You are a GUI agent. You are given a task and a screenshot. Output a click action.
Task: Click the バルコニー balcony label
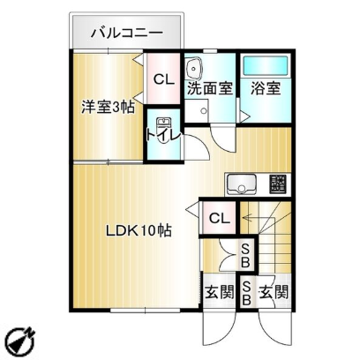126,33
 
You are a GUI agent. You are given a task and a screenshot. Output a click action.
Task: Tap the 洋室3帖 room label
108,107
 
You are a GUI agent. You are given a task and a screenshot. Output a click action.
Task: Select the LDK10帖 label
139,230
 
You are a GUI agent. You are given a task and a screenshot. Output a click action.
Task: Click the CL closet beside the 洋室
163,79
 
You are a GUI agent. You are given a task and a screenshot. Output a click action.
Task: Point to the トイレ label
163,136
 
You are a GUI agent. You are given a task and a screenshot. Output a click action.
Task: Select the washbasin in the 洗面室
193,69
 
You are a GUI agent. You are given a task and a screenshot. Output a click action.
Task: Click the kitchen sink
242,184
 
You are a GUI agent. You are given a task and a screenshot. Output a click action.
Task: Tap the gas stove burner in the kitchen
278,184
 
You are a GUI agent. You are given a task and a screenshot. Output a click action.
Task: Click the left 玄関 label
220,292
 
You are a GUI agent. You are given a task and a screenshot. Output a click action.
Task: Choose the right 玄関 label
274,292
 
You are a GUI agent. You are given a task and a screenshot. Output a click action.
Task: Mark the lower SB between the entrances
246,292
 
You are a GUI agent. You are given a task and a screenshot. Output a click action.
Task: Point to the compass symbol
21,341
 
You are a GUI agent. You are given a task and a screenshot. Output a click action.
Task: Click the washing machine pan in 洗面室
197,111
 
